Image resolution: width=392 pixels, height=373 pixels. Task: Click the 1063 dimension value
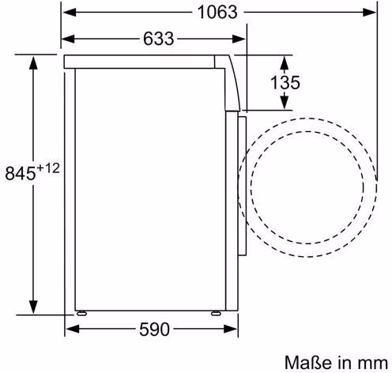point(217,13)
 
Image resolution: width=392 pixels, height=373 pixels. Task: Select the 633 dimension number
point(158,39)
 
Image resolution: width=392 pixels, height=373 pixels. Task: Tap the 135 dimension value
point(285,82)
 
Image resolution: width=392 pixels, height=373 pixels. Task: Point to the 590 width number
point(154,329)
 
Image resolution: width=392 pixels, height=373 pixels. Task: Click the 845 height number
point(21,173)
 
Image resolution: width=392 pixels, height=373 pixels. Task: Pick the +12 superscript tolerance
point(48,168)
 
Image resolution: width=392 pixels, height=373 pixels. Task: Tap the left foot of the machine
point(81,313)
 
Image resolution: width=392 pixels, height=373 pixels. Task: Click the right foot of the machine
point(216,313)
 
